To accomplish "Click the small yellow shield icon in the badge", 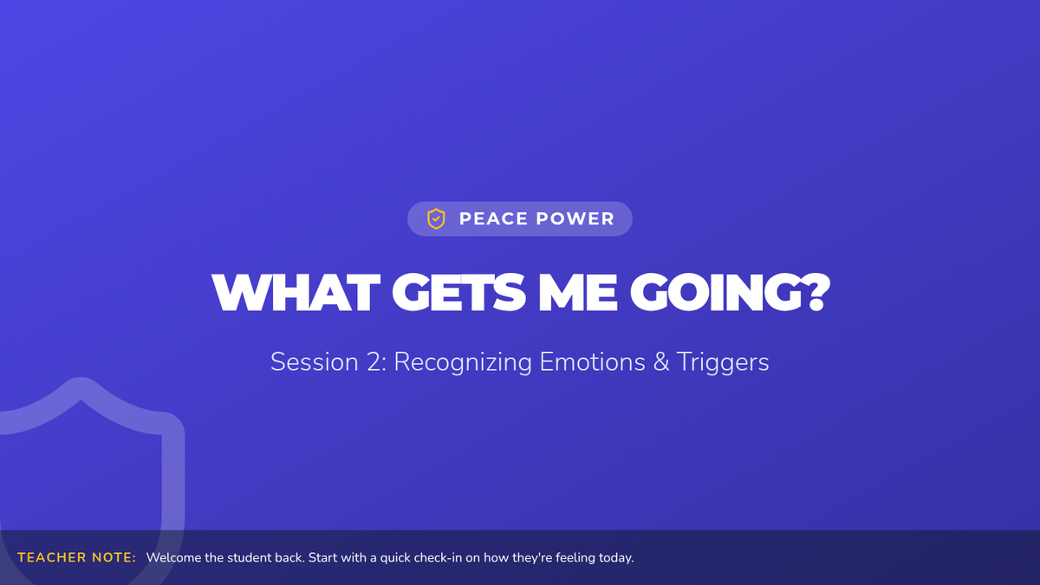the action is (x=436, y=218).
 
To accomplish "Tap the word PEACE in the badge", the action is (x=493, y=218).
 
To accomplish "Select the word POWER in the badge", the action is (x=575, y=218).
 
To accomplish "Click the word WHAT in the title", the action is (x=296, y=293).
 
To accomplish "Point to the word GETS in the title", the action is (x=458, y=293).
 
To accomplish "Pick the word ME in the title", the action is (x=577, y=293).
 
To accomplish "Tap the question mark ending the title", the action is (x=818, y=293).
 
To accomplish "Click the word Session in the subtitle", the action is (x=315, y=361).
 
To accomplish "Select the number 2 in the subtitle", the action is (x=374, y=361).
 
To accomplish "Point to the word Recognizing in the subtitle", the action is (x=463, y=363).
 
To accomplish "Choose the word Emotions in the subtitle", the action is (x=592, y=361).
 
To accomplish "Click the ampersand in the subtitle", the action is (x=660, y=361).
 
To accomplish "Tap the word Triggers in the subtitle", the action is (x=723, y=363).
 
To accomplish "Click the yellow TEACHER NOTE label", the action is (x=76, y=557).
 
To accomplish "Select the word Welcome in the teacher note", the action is (x=173, y=557).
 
